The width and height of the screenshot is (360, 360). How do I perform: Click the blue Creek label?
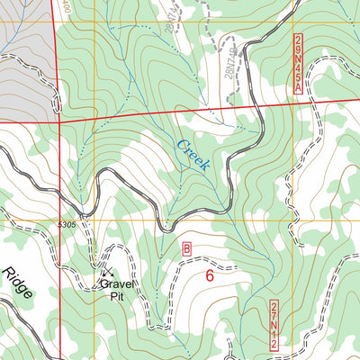193,155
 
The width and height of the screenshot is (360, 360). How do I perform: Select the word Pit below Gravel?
116,293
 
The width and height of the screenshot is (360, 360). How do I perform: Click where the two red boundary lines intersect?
60,117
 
